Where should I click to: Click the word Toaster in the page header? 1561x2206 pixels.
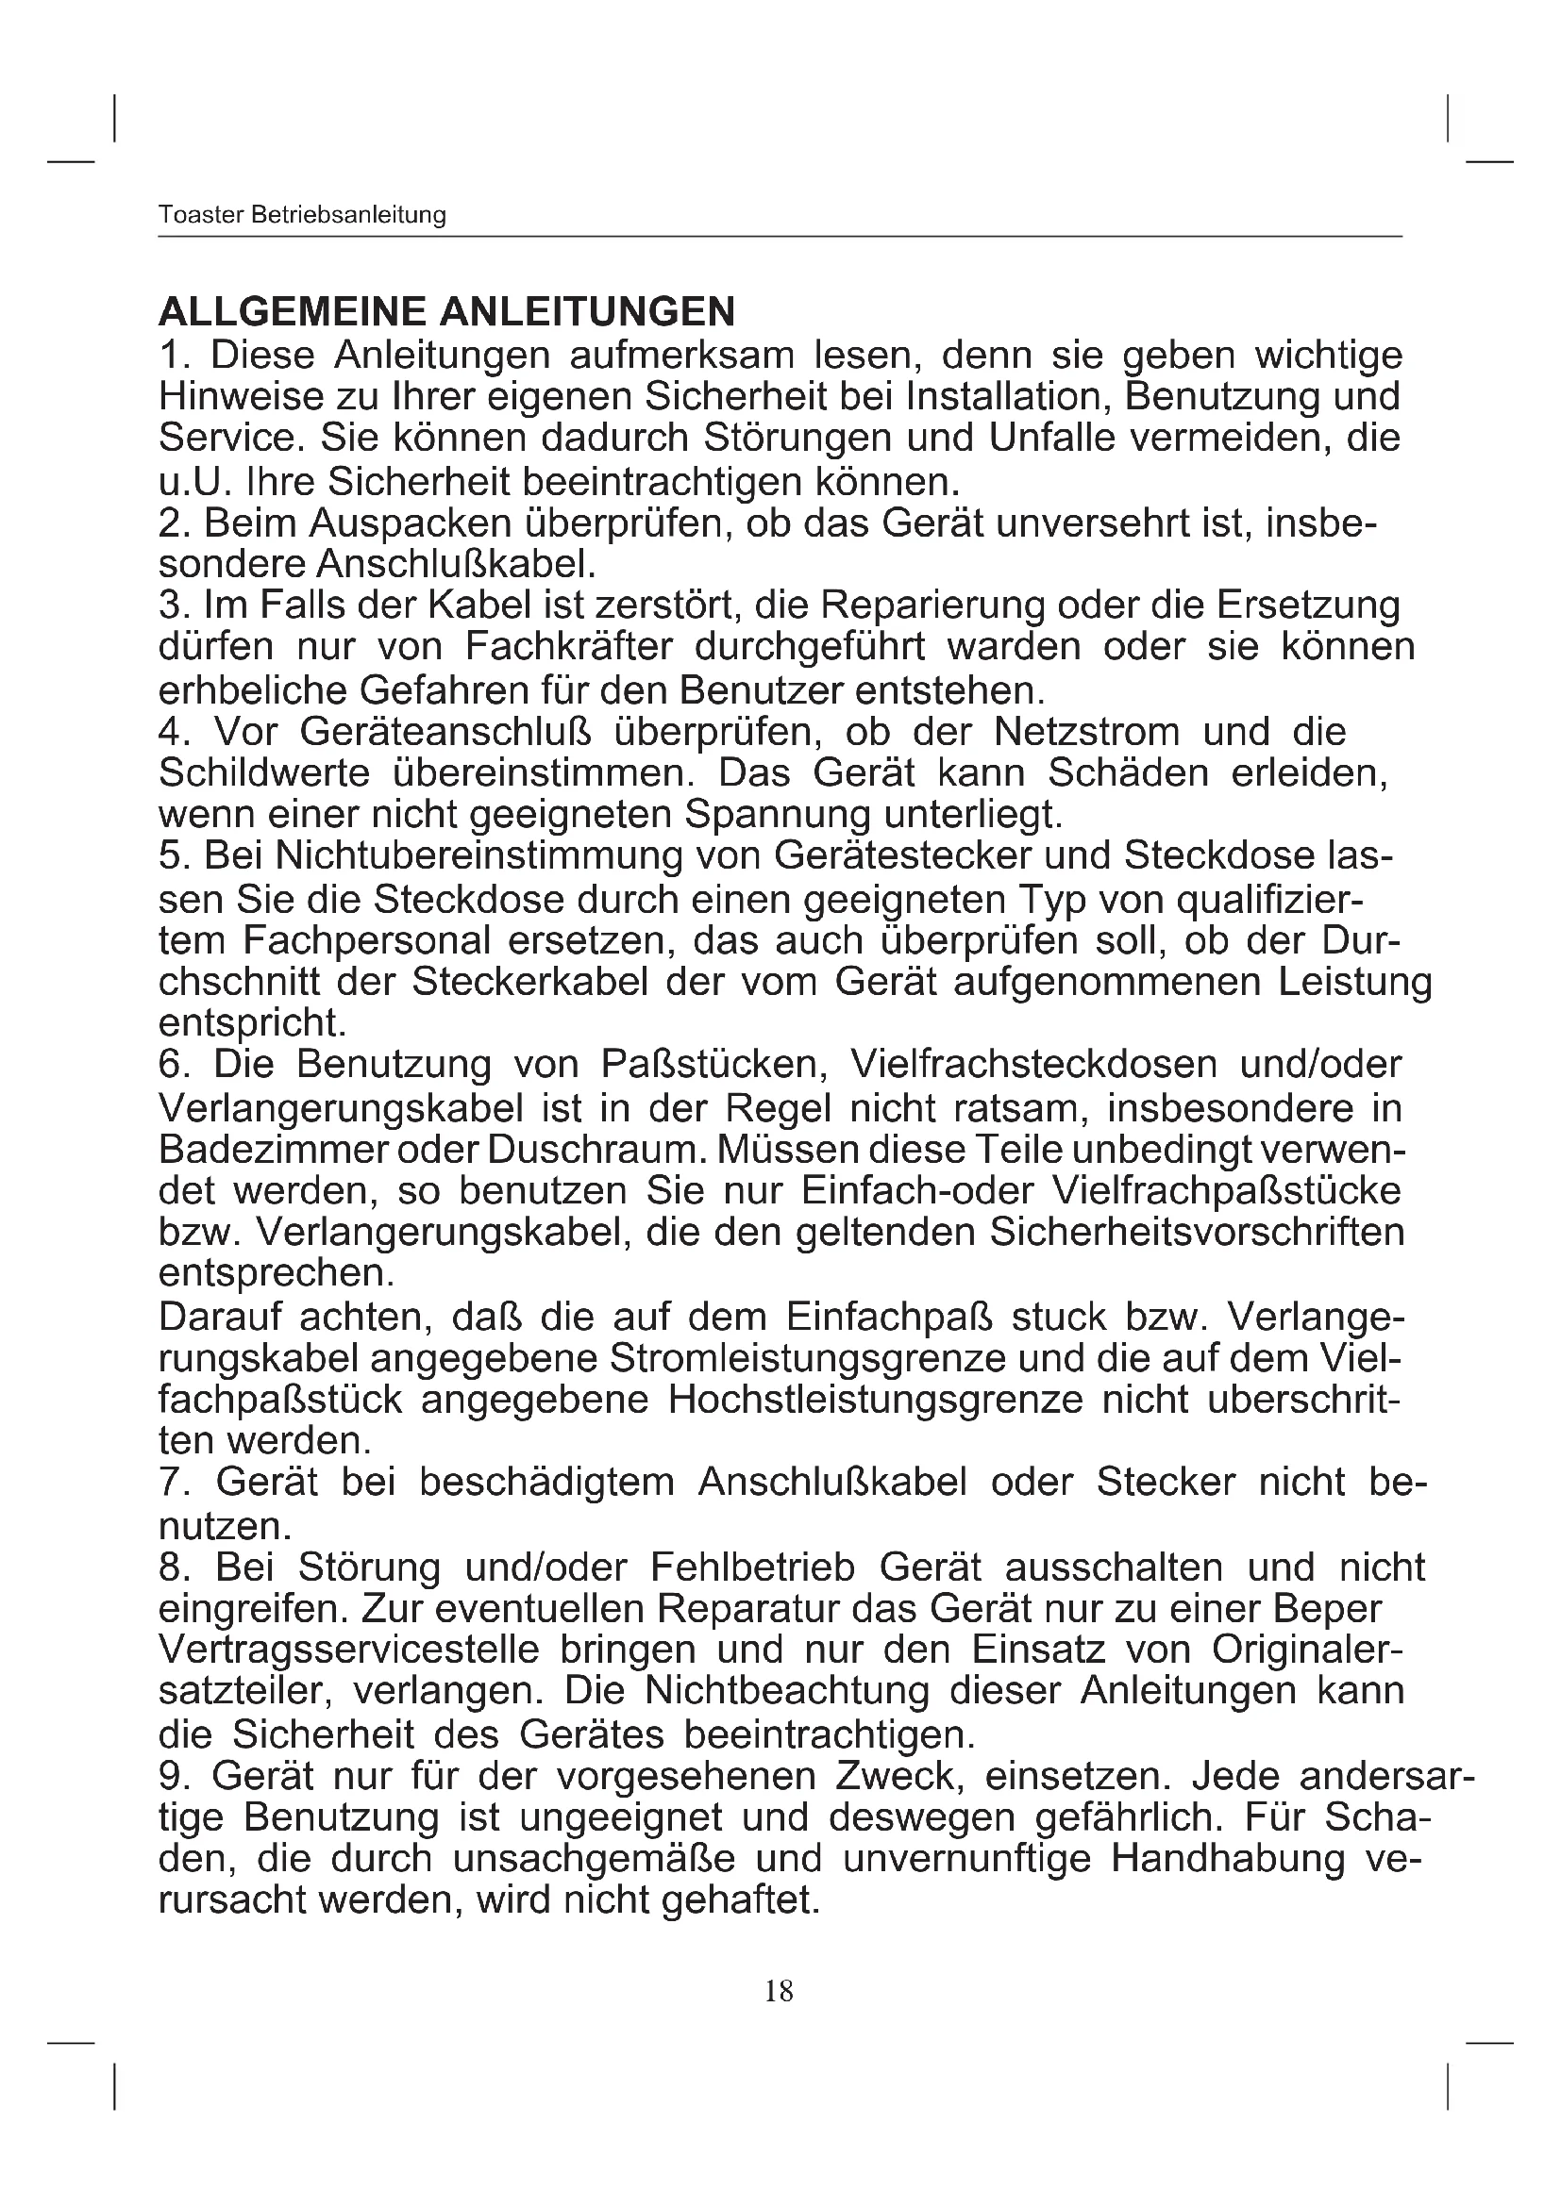point(200,214)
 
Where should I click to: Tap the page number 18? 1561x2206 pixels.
point(779,1991)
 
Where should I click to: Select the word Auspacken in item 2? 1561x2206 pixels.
point(415,523)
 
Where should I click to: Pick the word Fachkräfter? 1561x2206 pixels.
point(569,647)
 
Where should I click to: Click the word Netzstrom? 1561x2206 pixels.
point(1086,731)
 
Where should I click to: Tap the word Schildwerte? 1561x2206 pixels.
point(264,772)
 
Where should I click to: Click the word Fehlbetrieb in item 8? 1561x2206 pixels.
point(752,1567)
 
